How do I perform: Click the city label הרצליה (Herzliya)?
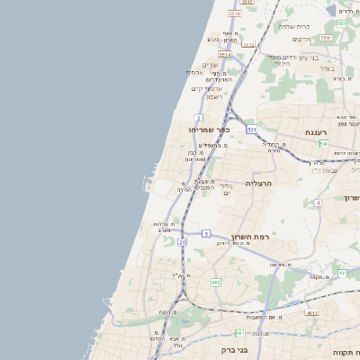(x=258, y=183)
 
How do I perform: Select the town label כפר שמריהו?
(x=209, y=130)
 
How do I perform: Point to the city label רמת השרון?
(x=251, y=237)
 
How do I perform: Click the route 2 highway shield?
(x=198, y=118)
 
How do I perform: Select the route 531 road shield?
(x=251, y=130)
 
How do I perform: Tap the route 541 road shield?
(x=323, y=144)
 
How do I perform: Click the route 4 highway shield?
(x=318, y=202)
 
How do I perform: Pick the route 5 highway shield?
(x=206, y=234)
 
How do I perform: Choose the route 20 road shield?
(x=182, y=242)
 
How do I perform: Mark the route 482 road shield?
(x=216, y=283)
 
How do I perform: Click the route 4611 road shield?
(x=311, y=312)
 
